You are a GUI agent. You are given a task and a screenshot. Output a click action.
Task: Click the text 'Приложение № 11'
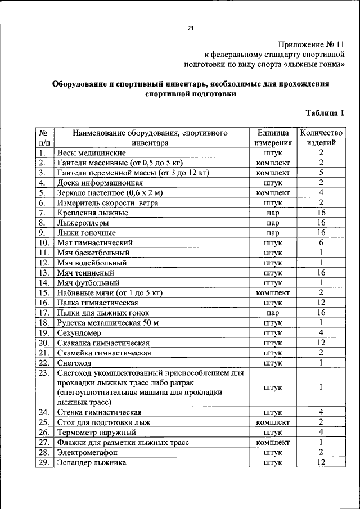[x=310, y=44]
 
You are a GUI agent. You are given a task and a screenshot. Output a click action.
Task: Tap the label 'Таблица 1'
[x=325, y=113]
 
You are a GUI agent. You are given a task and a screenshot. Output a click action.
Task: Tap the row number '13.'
[x=45, y=273]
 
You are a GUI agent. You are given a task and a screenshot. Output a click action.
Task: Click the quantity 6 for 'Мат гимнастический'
[x=321, y=242]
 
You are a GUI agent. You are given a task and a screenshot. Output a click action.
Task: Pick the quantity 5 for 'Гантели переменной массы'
[x=321, y=173]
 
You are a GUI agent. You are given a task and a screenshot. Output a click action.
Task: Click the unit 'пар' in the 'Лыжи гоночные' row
[x=273, y=233]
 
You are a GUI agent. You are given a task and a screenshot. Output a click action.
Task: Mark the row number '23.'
[x=45, y=373]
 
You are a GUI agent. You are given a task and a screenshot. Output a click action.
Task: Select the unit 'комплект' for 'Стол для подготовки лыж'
[x=273, y=422]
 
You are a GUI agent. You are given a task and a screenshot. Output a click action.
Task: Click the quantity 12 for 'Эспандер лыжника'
[x=321, y=462]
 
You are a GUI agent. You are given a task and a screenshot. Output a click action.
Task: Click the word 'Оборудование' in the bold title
[x=82, y=84]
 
